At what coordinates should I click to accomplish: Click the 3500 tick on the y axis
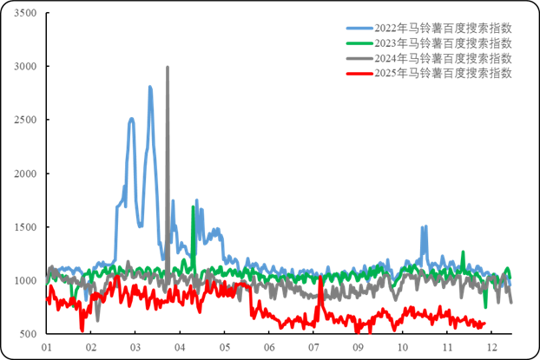26,13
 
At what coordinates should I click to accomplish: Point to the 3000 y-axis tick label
26,67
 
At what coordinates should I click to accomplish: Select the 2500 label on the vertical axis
26,120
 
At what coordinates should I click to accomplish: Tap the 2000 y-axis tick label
26,173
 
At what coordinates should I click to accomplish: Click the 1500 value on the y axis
26,227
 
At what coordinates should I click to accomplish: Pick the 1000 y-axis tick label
26,281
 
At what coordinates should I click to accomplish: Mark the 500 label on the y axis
29,334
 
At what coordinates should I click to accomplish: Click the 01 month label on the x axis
47,346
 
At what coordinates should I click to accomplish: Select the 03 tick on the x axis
135,346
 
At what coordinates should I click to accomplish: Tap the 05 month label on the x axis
224,346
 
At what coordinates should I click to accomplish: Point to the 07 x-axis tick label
313,346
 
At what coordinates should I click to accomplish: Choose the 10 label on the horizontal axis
402,346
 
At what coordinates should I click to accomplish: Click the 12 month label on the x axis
491,346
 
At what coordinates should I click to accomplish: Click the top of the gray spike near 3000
168,67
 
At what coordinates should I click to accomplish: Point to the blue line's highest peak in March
150,86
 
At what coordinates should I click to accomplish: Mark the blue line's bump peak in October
425,226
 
